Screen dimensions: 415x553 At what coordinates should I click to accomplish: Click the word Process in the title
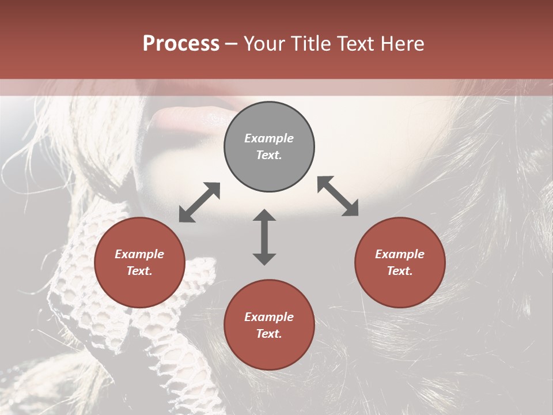181,44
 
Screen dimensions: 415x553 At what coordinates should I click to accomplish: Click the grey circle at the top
269,147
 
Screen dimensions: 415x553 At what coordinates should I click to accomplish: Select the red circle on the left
139,262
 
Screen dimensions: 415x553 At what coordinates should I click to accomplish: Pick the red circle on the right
400,262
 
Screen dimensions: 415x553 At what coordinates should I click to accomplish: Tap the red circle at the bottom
269,325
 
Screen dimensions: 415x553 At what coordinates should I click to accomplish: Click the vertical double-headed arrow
264,237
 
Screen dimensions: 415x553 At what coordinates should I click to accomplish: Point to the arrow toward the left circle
199,202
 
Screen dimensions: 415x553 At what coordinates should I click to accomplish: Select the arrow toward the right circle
338,196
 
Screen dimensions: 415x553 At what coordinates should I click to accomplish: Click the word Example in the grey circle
269,138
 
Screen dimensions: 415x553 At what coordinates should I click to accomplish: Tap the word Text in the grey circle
269,156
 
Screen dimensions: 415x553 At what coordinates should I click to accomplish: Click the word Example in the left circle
139,254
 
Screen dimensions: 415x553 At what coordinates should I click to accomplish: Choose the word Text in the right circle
400,271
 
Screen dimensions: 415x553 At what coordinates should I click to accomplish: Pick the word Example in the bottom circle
269,317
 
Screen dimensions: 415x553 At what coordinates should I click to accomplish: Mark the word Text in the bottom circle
269,334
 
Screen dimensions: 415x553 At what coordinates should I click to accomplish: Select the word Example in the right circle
400,254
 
